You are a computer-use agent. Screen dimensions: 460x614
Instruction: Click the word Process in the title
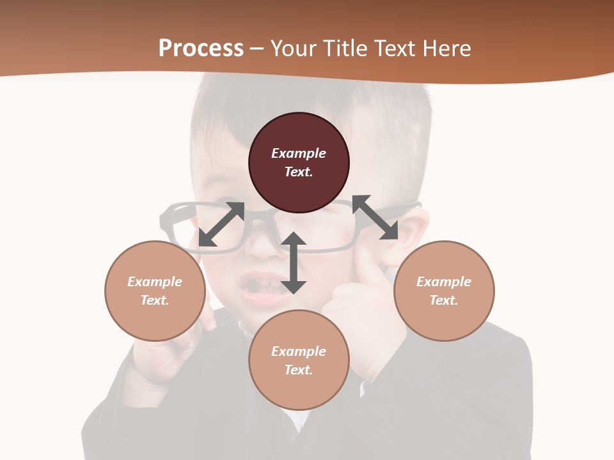pyautogui.click(x=201, y=49)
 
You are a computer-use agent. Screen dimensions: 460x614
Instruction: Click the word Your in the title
pyautogui.click(x=292, y=49)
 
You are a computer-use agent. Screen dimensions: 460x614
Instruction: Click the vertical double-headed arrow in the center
pyautogui.click(x=294, y=263)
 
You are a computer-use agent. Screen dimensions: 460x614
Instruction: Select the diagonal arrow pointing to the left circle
pyautogui.click(x=221, y=224)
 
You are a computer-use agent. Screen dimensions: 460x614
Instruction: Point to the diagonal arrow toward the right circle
pyautogui.click(x=375, y=217)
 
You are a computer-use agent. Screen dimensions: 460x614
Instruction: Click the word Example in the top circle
pyautogui.click(x=299, y=153)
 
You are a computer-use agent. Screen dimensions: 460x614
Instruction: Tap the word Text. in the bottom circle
pyautogui.click(x=299, y=370)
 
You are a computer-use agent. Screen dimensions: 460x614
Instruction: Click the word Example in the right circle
pyautogui.click(x=444, y=282)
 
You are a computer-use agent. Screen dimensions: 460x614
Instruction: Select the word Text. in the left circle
pyautogui.click(x=155, y=300)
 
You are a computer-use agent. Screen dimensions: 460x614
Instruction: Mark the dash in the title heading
pyautogui.click(x=256, y=49)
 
